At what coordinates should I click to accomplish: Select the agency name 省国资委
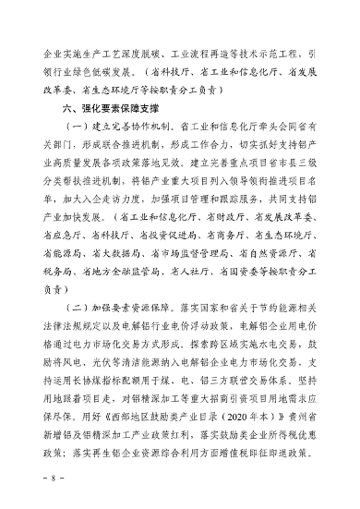238,271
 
